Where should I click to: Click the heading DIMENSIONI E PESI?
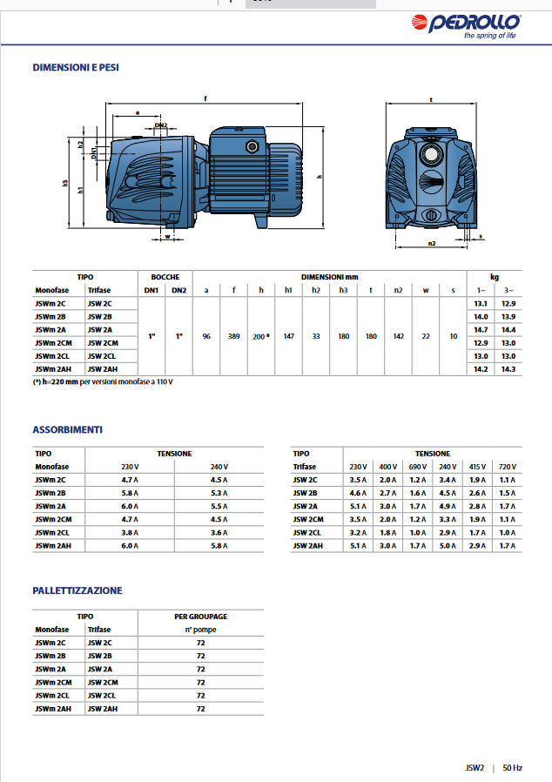(x=76, y=67)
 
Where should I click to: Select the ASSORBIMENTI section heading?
(x=68, y=429)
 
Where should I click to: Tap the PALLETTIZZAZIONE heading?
(x=77, y=590)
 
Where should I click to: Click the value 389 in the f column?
(x=234, y=335)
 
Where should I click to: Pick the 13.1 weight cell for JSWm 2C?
(x=480, y=302)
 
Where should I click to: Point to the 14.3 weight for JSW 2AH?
(x=508, y=369)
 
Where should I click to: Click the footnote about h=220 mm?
(x=103, y=382)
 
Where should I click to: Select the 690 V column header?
(x=418, y=467)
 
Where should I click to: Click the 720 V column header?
(x=508, y=467)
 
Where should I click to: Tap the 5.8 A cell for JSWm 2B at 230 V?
(x=130, y=493)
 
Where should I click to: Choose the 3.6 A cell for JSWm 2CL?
(x=219, y=532)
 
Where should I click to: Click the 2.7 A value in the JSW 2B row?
(x=387, y=493)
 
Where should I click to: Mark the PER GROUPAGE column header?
(x=200, y=616)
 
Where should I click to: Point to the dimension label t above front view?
(x=433, y=100)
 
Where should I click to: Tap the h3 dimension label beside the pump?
(x=65, y=184)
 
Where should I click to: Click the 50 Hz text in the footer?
(x=513, y=768)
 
